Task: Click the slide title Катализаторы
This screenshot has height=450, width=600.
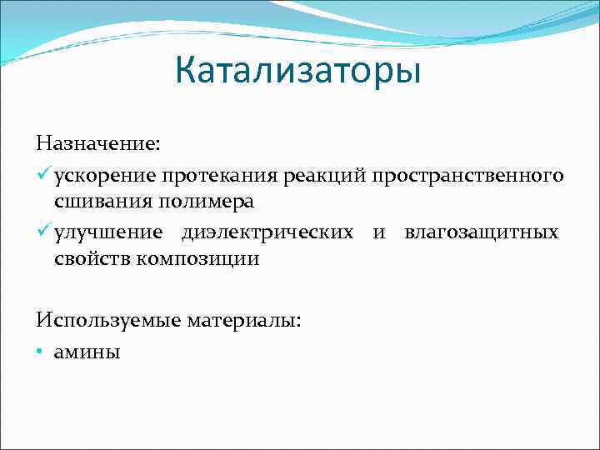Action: pyautogui.click(x=298, y=71)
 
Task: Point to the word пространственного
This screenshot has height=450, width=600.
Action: pyautogui.click(x=467, y=176)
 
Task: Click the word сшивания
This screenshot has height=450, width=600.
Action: pyautogui.click(x=96, y=201)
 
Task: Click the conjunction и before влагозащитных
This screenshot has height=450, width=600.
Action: pyautogui.click(x=379, y=232)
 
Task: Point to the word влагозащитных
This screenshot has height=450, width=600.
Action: pyautogui.click(x=481, y=232)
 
